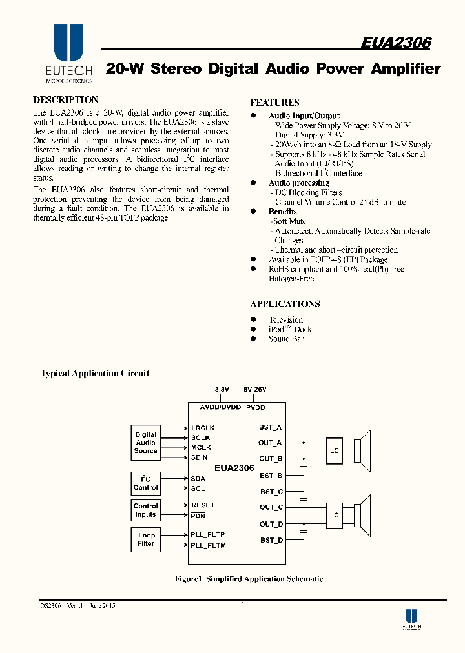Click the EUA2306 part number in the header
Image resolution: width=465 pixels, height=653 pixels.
tap(396, 43)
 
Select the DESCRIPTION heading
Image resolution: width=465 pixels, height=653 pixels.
tap(65, 100)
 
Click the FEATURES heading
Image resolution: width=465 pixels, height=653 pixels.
tap(274, 103)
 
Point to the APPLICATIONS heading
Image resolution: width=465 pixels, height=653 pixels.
tap(285, 304)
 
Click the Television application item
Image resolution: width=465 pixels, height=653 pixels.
tap(285, 320)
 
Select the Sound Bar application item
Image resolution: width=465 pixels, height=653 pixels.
tap(286, 339)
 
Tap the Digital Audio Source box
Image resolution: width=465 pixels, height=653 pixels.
tap(145, 443)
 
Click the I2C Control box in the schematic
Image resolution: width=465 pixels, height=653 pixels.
tap(145, 483)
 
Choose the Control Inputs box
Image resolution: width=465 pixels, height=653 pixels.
tap(145, 510)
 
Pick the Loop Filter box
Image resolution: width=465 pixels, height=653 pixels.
tap(146, 539)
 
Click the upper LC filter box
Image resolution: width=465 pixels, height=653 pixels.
tap(334, 450)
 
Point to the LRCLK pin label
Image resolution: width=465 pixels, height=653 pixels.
tap(203, 428)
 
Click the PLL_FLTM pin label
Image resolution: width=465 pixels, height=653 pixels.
tap(208, 545)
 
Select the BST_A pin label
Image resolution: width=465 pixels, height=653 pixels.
tap(271, 427)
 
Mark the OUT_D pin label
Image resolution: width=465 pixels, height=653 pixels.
tap(271, 524)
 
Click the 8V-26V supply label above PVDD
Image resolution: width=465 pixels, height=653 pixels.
tap(254, 390)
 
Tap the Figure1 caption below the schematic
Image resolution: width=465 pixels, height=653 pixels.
tap(249, 579)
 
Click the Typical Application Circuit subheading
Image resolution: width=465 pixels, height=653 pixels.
tap(95, 374)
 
